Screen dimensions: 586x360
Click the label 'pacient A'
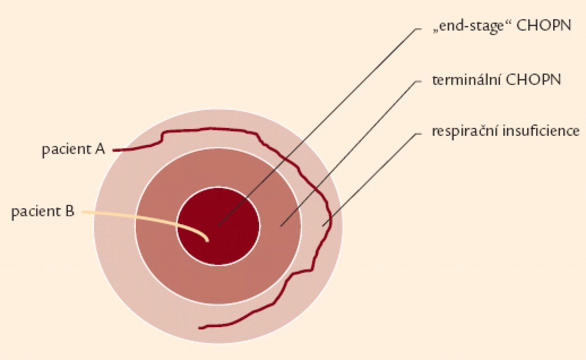pyautogui.click(x=73, y=150)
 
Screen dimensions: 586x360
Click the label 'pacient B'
pyautogui.click(x=43, y=212)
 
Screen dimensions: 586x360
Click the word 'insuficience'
pyautogui.click(x=541, y=131)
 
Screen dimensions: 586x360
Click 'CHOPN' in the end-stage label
pyautogui.click(x=544, y=26)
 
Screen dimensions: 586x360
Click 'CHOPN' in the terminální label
pyautogui.click(x=533, y=80)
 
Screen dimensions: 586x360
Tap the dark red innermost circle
pyautogui.click(x=219, y=226)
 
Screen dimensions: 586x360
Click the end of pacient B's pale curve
pyautogui.click(x=208, y=241)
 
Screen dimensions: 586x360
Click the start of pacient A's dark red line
pyautogui.click(x=114, y=150)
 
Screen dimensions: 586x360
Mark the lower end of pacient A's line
pyautogui.click(x=200, y=328)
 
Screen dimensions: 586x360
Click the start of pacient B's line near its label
pyautogui.click(x=83, y=212)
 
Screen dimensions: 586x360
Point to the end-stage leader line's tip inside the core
pyautogui.click(x=219, y=225)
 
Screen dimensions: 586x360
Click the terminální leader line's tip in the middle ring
pyautogui.click(x=281, y=225)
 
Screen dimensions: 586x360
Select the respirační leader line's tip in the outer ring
pyautogui.click(x=323, y=225)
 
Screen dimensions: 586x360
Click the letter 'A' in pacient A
pyautogui.click(x=99, y=149)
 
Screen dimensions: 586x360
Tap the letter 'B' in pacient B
pyautogui.click(x=70, y=211)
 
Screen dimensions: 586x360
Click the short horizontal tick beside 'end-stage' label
pyautogui.click(x=418, y=29)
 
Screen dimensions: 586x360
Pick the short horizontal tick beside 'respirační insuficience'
pyautogui.click(x=418, y=134)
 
